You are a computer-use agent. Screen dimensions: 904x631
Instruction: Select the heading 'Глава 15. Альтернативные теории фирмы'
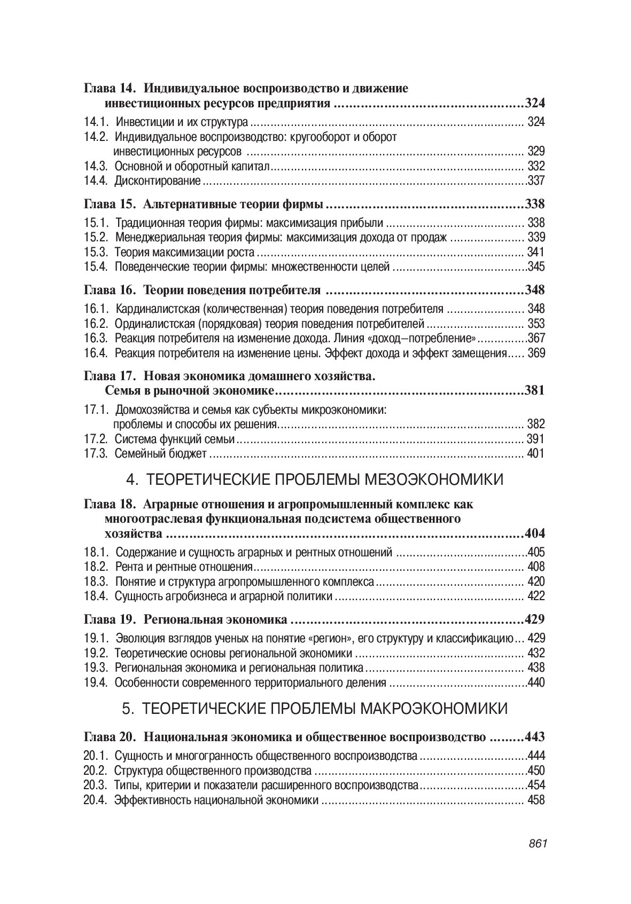coord(204,204)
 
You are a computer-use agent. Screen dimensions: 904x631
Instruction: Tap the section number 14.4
coord(96,180)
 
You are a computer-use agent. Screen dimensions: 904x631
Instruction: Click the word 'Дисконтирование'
coord(158,180)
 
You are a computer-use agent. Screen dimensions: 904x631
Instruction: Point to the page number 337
coord(536,180)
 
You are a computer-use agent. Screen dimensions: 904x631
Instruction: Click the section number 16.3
coord(96,338)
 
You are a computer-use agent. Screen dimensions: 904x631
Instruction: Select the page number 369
coord(536,353)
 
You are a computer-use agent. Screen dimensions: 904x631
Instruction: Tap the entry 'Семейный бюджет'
coord(161,454)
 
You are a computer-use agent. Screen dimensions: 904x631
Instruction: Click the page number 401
coord(535,454)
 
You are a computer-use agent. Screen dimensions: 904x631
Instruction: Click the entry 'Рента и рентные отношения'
coord(184,567)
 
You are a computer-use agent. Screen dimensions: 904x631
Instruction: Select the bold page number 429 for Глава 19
coord(535,619)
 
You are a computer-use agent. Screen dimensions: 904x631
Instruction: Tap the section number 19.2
coord(96,653)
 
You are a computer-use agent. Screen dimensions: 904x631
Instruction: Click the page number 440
coord(536,682)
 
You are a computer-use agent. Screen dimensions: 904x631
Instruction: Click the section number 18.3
coord(96,581)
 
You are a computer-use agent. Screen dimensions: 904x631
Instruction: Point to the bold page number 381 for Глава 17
coord(535,390)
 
